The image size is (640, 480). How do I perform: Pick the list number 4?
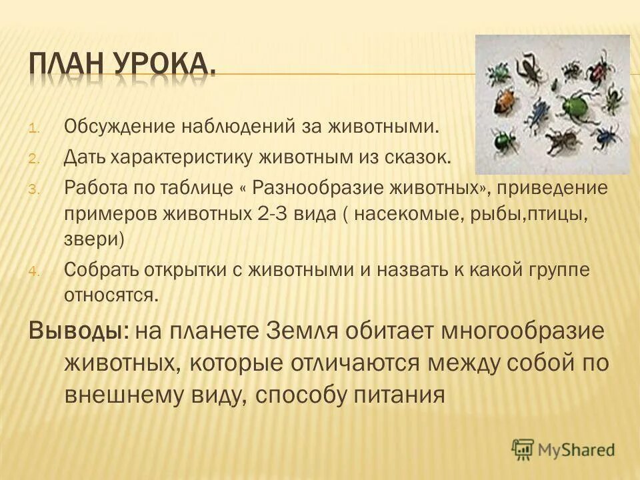(x=36, y=271)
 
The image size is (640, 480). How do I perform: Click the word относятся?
(x=111, y=295)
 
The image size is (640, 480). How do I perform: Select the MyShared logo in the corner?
(x=563, y=449)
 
